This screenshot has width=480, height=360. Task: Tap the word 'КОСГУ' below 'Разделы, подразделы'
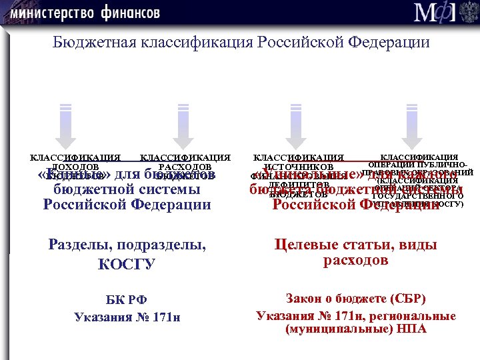(127, 264)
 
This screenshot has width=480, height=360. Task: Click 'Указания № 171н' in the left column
(127, 316)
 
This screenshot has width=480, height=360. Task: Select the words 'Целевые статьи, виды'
(355, 245)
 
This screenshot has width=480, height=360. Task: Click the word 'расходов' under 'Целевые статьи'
(355, 260)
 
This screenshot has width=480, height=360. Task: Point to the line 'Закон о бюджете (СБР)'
(355, 299)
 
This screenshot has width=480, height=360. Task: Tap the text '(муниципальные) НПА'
(355, 329)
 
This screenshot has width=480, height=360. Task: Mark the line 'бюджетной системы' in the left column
(127, 189)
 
